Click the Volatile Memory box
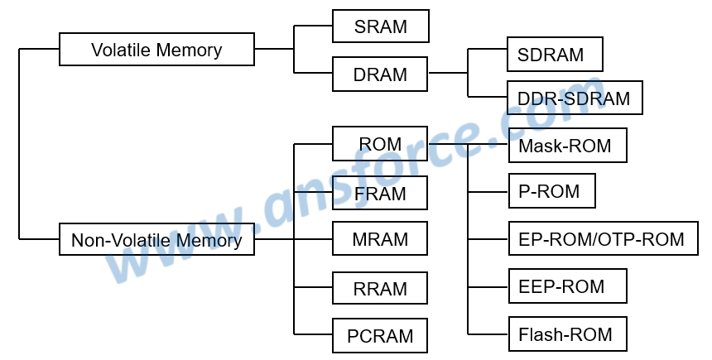point(156,50)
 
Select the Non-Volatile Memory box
point(156,240)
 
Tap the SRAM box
point(380,26)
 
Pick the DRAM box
point(380,74)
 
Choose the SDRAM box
point(555,55)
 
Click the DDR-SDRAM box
point(575,98)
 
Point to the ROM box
point(380,144)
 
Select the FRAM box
point(380,194)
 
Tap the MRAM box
point(380,239)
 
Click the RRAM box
point(380,289)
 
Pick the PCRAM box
point(380,336)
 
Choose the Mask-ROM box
point(566,146)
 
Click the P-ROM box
point(551,192)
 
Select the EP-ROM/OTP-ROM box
point(601,239)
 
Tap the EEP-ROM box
point(566,286)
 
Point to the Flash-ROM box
point(566,334)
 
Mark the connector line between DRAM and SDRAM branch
point(448,74)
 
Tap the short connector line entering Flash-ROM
point(488,334)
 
